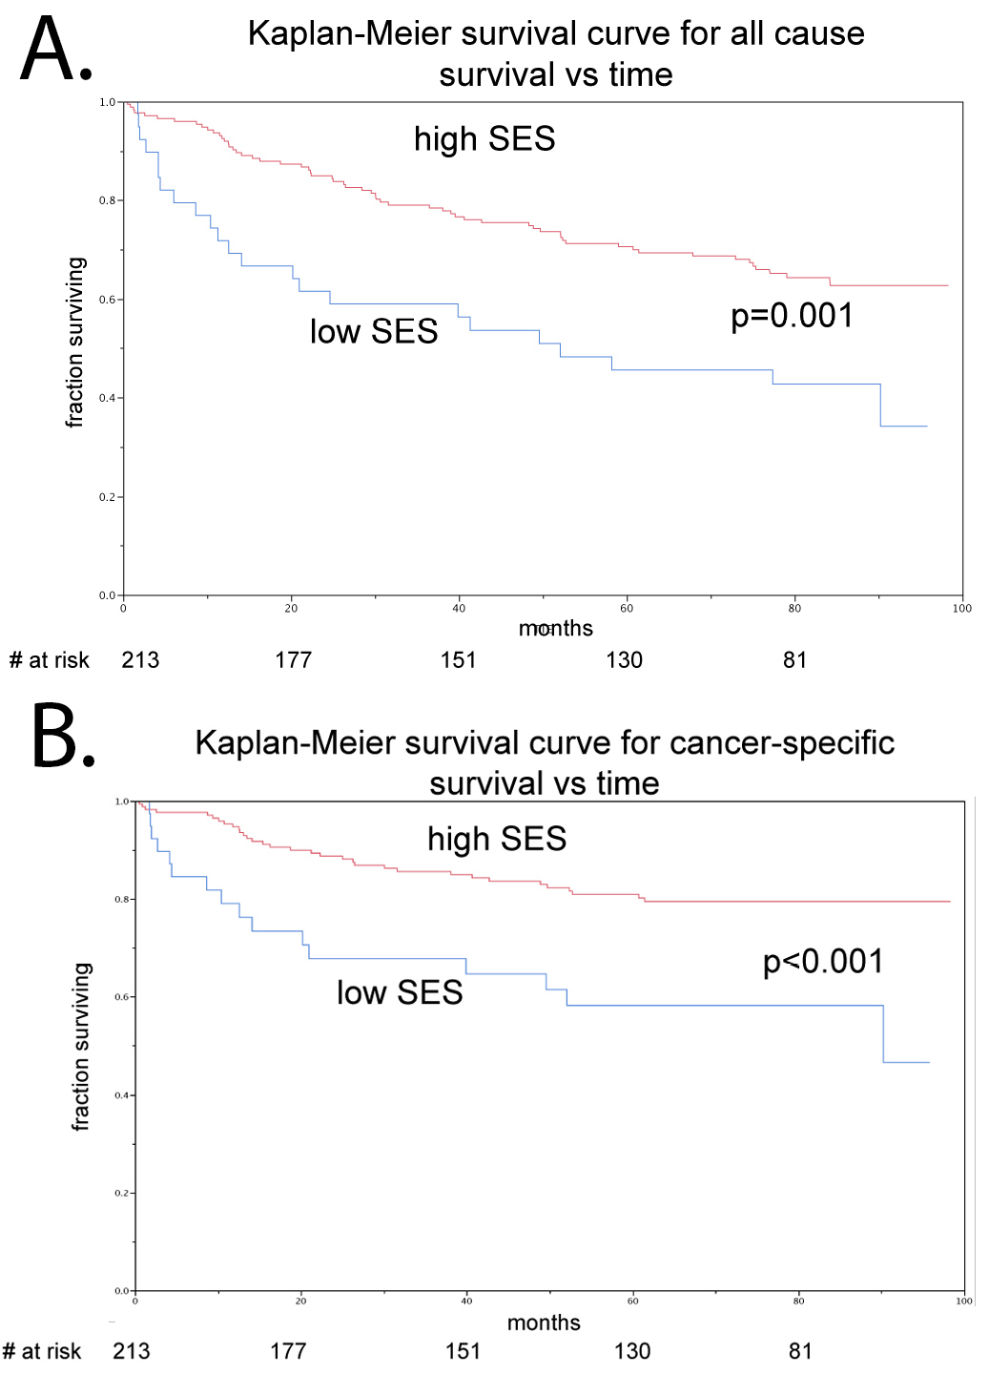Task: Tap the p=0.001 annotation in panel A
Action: (792, 316)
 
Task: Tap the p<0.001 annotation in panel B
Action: (823, 962)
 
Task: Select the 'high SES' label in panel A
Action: (484, 139)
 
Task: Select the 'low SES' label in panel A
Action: (374, 331)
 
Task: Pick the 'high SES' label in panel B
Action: (497, 840)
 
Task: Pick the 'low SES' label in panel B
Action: (400, 992)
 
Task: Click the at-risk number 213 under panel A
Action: (140, 660)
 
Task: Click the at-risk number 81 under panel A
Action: (795, 660)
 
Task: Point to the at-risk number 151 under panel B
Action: (463, 1351)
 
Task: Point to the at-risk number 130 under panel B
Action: (632, 1351)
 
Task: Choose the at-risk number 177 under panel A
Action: (293, 660)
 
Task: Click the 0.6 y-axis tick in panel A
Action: (108, 300)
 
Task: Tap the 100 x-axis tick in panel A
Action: (961, 609)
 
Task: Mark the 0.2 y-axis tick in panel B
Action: (121, 1194)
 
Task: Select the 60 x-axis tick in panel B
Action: (632, 1301)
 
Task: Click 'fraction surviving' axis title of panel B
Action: (81, 1047)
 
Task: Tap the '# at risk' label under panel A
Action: (50, 660)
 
